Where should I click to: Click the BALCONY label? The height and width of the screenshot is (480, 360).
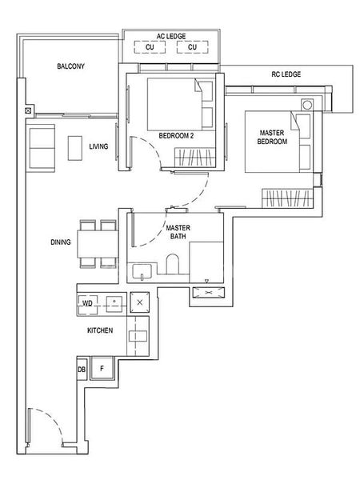[70, 66]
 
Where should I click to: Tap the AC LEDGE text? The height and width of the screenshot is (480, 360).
[171, 36]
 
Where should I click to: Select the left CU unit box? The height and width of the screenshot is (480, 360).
[150, 47]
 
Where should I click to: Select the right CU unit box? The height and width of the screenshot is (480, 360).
[192, 47]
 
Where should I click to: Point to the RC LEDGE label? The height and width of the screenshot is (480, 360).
[286, 74]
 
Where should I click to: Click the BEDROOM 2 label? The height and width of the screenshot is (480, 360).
[176, 136]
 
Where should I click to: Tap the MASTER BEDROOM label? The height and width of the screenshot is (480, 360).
[272, 137]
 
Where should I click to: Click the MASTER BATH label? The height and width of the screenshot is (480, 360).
[178, 232]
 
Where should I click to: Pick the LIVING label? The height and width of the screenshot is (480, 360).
[98, 146]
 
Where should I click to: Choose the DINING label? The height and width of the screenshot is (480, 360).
[61, 242]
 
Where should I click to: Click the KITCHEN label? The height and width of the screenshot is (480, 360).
[100, 330]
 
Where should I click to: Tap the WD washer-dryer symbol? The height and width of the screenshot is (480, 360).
[87, 305]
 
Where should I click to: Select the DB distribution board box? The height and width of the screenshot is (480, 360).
[82, 370]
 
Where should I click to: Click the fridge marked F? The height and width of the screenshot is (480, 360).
[102, 368]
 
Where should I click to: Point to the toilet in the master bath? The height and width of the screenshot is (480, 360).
[172, 264]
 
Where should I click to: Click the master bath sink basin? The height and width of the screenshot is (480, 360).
[142, 271]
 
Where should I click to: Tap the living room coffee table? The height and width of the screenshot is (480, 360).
[75, 149]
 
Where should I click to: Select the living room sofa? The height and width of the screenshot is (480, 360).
[42, 148]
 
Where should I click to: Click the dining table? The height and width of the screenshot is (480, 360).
[98, 244]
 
